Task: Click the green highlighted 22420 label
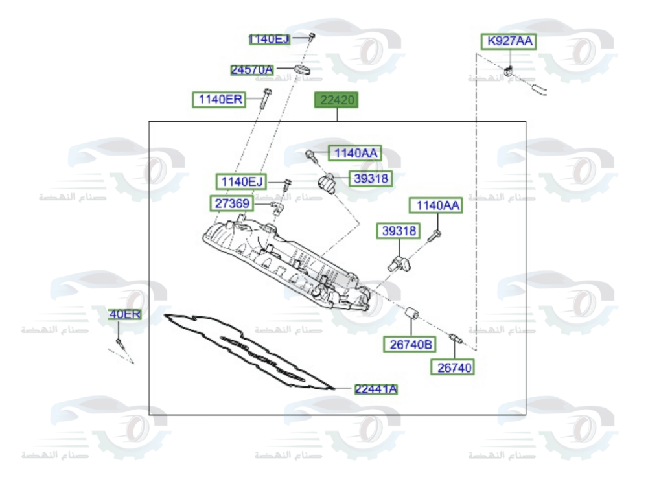[336, 100]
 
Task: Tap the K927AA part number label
[509, 41]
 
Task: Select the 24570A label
[252, 69]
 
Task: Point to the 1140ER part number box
[219, 100]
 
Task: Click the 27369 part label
[230, 203]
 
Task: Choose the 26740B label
[411, 345]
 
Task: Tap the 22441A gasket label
[376, 389]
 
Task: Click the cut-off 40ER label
[125, 314]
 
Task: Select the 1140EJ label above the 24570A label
[270, 40]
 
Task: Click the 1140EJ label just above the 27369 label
[240, 181]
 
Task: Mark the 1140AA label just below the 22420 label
[354, 153]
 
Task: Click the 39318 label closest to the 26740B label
[399, 231]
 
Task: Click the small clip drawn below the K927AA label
[510, 68]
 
